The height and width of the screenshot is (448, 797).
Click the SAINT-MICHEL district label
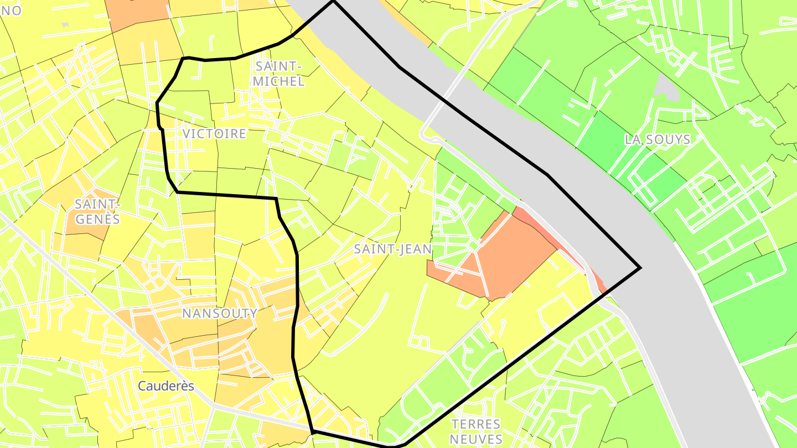pos(279,74)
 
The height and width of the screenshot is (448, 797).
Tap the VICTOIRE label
pos(214,134)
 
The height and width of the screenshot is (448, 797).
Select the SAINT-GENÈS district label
pos(97,212)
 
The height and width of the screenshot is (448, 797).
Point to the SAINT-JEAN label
pos(392,249)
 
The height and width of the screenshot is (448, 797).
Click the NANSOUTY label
pos(220,314)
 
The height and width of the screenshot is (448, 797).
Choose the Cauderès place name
pos(166,386)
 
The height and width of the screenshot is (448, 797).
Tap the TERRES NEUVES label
pos(475,432)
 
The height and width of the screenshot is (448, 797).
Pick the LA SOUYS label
pos(658,139)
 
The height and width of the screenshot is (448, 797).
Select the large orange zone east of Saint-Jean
pos(509,254)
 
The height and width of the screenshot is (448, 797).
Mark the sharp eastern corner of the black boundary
pos(640,268)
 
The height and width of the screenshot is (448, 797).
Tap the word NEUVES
pos(475,439)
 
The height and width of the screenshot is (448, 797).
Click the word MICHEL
pos(279,81)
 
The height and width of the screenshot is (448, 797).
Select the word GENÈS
pos(97,219)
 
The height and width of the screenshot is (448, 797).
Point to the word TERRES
pos(475,425)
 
